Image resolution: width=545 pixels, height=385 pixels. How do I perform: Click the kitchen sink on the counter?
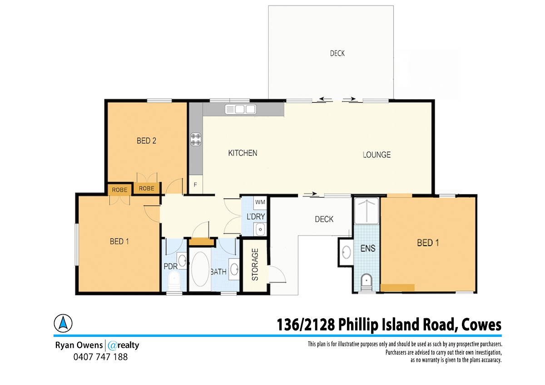pos(240,109)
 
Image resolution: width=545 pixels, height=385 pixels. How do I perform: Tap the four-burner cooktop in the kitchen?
pos(196,139)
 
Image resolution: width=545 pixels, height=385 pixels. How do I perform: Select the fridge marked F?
pos(196,185)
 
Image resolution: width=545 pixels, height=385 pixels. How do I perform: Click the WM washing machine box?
pos(260,202)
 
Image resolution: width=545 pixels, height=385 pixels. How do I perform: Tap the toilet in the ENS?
pos(366,282)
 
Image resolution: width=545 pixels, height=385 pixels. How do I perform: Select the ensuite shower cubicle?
pos(367,211)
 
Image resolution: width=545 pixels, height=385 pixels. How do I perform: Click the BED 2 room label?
pos(146,141)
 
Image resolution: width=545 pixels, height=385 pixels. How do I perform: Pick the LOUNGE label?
pos(377,155)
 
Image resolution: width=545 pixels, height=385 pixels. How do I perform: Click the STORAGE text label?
pos(255,264)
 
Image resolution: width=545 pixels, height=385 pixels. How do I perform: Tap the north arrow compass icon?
pos(63,323)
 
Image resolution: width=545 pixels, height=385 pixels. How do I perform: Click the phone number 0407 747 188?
pos(100,357)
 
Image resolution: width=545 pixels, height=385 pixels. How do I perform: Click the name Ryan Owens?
pos(79,345)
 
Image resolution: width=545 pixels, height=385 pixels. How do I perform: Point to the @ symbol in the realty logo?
pos(112,346)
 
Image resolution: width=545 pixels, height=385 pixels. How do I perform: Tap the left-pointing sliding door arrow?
pos(326,99)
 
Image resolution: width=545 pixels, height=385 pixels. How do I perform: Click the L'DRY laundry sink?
pos(260,229)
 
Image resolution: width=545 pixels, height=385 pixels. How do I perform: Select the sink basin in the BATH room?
pos(234,269)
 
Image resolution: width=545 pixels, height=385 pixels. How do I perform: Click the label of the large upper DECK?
pos(337,53)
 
